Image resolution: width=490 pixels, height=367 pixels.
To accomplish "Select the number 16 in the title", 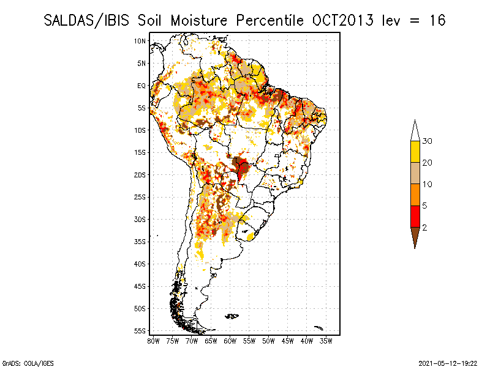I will [437, 21].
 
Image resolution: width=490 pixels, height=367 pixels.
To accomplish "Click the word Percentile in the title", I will [269, 21].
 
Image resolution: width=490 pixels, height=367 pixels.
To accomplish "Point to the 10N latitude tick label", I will [140, 41].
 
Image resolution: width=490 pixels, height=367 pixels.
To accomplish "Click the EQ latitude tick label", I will [141, 86].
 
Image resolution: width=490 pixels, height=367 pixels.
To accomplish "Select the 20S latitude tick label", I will [140, 175].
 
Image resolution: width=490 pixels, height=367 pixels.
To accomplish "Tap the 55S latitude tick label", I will [140, 331].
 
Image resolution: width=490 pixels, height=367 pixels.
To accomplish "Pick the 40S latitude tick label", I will [140, 264].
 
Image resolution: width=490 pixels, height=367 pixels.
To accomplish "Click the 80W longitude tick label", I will [153, 341].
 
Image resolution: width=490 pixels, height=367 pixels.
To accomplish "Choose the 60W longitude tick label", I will [230, 341].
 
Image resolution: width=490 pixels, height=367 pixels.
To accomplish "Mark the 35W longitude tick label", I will [326, 341].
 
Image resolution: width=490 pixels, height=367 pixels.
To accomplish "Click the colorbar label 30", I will [428, 141].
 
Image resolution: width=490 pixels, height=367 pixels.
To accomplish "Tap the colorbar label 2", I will [424, 227].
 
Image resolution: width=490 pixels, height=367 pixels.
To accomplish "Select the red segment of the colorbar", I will [415, 216].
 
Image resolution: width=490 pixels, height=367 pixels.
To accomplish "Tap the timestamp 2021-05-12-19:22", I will [447, 363].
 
